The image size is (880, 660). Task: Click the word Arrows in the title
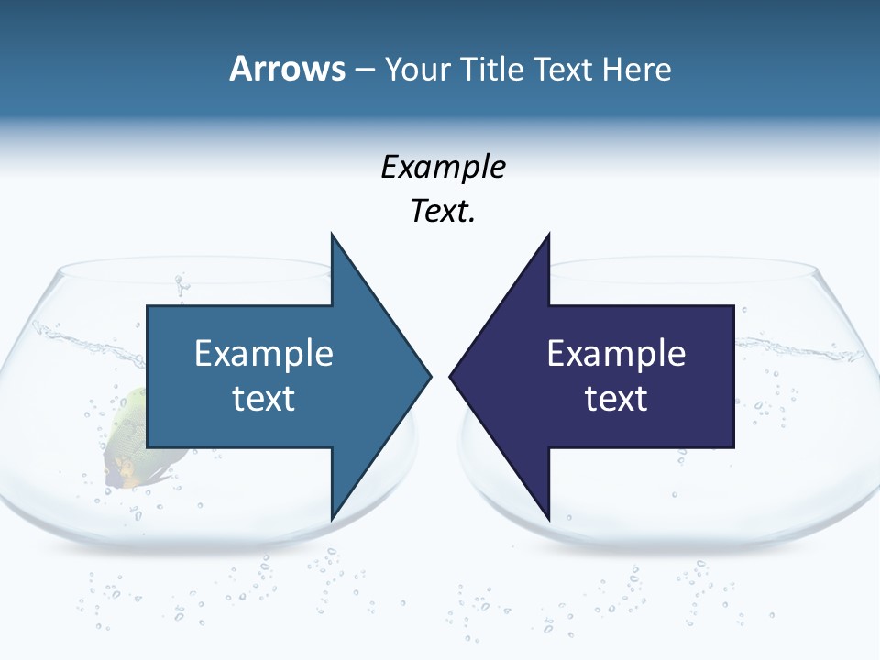click(288, 69)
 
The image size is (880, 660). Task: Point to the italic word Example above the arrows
click(443, 168)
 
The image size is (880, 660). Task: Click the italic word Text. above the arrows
click(443, 212)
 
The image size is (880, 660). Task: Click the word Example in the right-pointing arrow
click(264, 353)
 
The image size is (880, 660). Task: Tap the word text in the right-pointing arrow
click(264, 398)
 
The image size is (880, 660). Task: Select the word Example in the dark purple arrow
click(616, 353)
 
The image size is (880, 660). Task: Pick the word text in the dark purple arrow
click(616, 398)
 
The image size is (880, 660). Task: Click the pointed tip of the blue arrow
click(429, 375)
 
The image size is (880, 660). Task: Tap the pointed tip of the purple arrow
click(452, 375)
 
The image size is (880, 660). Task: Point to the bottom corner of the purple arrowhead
click(548, 515)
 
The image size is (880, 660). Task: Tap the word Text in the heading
click(565, 69)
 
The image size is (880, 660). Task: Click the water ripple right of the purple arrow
click(779, 346)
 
